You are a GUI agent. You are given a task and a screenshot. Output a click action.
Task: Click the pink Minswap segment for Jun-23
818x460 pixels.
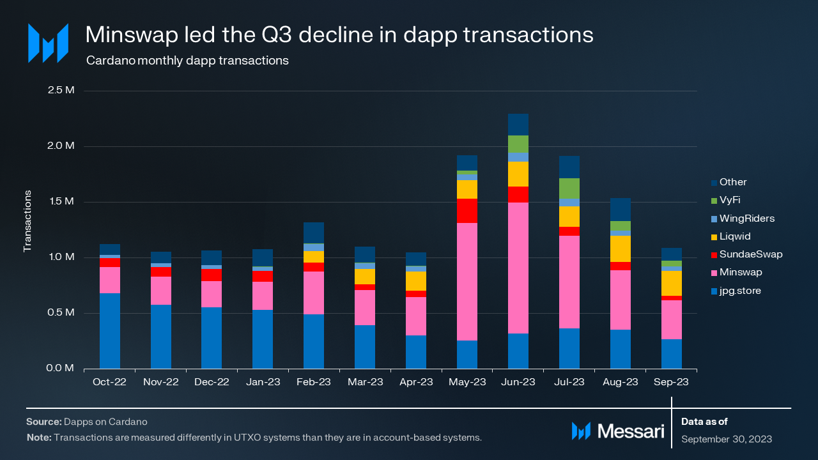[518, 268]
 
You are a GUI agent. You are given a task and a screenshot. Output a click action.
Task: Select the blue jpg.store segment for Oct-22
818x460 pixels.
[109, 331]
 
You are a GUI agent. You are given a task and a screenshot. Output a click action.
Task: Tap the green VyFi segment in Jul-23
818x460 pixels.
[569, 188]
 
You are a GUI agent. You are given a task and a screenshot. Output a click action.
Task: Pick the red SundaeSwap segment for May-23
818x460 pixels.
[467, 211]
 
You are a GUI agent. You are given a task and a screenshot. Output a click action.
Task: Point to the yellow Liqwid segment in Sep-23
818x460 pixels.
[672, 283]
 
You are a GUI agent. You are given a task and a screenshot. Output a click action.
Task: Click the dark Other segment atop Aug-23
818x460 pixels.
[621, 210]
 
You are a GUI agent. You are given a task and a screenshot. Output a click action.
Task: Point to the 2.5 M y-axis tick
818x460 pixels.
[61, 90]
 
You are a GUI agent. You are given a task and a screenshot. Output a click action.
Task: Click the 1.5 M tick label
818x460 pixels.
[61, 202]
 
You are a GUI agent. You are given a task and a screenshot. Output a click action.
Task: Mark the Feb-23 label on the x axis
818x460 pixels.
[314, 382]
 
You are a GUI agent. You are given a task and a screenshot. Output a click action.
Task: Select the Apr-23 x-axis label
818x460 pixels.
[416, 382]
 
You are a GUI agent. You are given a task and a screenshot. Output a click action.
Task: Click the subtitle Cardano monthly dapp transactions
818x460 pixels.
[187, 61]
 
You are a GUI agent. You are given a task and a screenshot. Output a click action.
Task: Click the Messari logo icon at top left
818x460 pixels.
[48, 43]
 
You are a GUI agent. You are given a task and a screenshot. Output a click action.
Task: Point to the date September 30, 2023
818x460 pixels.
[727, 439]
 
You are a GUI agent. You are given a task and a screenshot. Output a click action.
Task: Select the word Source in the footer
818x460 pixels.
[43, 422]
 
